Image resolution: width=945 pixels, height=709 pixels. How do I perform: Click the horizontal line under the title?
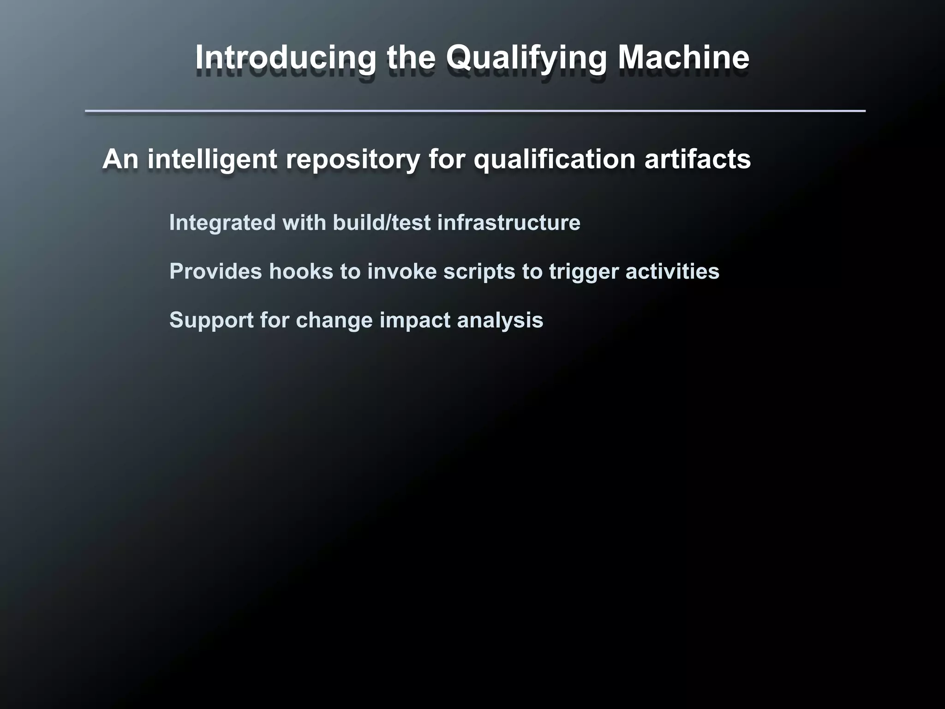coord(475,111)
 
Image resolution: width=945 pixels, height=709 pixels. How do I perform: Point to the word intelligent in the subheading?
coord(212,159)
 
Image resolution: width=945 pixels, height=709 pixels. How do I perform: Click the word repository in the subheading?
coord(353,159)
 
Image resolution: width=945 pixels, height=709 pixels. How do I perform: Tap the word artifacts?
coord(698,159)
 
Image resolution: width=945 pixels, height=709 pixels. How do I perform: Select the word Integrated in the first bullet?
coord(222,222)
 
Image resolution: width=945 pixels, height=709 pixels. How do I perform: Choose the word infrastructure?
coord(508,222)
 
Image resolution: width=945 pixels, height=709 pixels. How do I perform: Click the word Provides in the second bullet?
coord(215,271)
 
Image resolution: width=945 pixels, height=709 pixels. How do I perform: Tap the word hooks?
coord(301,271)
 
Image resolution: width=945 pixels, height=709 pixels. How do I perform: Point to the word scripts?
coord(479,271)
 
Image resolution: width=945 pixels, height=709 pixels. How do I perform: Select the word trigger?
coord(584,271)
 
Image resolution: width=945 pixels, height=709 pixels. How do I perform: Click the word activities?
coord(672,271)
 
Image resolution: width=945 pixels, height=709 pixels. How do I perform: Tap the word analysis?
coord(500,320)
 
